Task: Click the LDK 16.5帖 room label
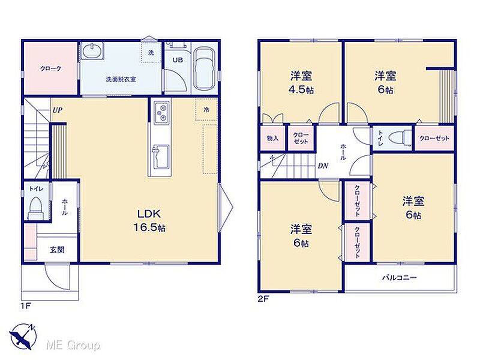coord(149,220)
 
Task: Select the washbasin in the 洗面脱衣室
coord(92,50)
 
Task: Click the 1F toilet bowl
coord(35,208)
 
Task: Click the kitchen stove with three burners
coord(161,113)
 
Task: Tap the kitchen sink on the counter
coord(160,157)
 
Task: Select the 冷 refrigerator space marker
coord(206,109)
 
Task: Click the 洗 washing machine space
coord(151,53)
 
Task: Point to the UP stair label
coord(57,110)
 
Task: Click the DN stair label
coord(323,166)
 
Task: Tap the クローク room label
coord(51,68)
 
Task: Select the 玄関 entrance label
coord(57,250)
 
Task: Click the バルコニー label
coord(399,278)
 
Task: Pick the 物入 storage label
coord(272,139)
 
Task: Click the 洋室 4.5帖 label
coord(301,82)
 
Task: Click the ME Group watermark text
coord(73,346)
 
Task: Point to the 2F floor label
coord(263,299)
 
